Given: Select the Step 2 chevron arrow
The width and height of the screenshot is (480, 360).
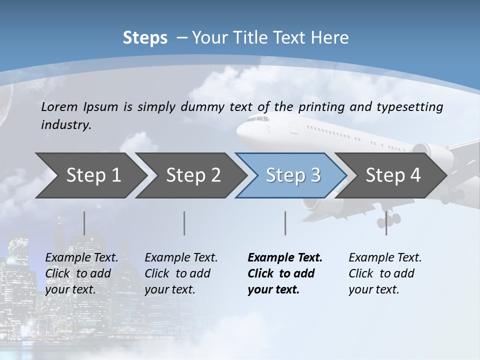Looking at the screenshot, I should [x=192, y=175].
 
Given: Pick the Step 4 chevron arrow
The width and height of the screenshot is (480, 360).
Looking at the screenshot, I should [x=392, y=175].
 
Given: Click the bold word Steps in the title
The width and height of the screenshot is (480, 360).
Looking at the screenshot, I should [x=145, y=38].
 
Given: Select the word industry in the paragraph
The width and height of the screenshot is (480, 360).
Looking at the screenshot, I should [x=66, y=125].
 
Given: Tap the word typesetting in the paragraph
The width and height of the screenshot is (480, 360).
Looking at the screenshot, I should [x=412, y=107].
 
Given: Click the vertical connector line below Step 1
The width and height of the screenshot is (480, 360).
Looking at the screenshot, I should [x=84, y=223].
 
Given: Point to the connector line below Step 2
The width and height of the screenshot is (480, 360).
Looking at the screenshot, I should [x=184, y=223].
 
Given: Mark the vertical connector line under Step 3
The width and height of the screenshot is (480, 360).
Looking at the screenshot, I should [x=285, y=223].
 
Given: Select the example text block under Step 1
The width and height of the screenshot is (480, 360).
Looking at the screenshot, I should [x=81, y=273].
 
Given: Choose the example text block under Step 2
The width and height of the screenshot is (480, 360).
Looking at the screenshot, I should [x=181, y=273].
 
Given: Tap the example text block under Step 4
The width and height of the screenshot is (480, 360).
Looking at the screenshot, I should [x=384, y=273].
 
